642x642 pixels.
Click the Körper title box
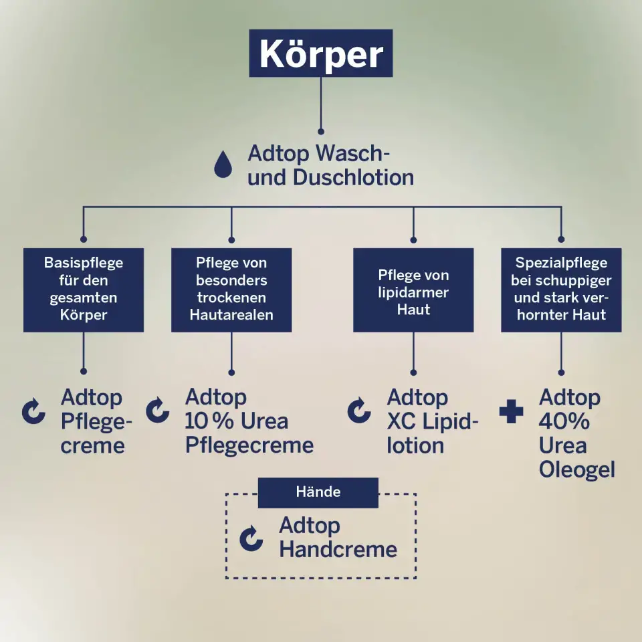pos(320,53)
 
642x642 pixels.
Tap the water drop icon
pos(223,165)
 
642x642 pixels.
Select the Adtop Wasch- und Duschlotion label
pos(330,165)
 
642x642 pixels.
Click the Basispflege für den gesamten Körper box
pos(84,290)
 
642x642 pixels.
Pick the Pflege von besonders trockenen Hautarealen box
pos(231,290)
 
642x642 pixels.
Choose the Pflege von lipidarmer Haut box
pos(413,290)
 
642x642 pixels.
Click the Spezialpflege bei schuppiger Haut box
pos(561,290)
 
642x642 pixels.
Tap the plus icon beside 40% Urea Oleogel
pos(512,411)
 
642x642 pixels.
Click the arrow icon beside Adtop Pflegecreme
pos(33,411)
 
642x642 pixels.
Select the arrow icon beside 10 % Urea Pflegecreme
pos(158,410)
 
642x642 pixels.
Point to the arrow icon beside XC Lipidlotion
pos(359,410)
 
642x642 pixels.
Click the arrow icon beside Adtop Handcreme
pos(251,538)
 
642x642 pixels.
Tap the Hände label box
pos(318,493)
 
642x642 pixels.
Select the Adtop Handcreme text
pos(338,537)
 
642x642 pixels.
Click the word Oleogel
pos(577,469)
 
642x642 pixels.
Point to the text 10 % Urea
pos(236,421)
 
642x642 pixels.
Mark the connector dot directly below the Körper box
pos(321,132)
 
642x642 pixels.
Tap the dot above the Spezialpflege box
pos(561,239)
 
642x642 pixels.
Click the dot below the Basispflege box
pos(84,371)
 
